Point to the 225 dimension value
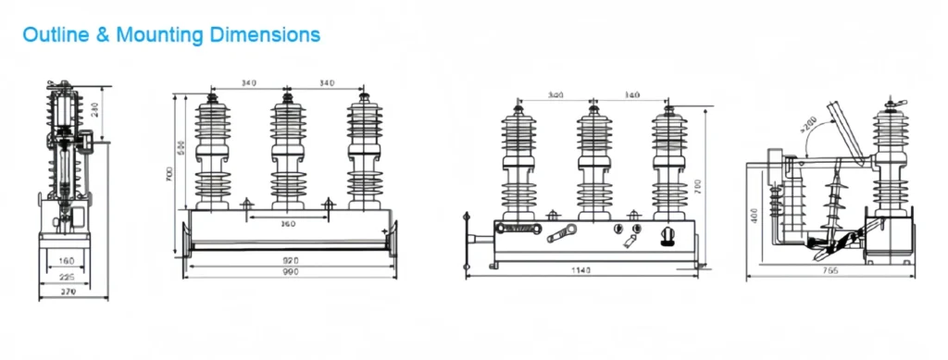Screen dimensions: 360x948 [68, 276]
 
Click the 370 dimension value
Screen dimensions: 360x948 [68, 292]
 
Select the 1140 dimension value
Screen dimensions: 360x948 [581, 270]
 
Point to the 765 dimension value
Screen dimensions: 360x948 [830, 270]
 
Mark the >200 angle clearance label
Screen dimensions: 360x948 [807, 122]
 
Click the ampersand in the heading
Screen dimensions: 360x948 [102, 35]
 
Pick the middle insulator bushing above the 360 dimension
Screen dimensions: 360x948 [288, 153]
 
